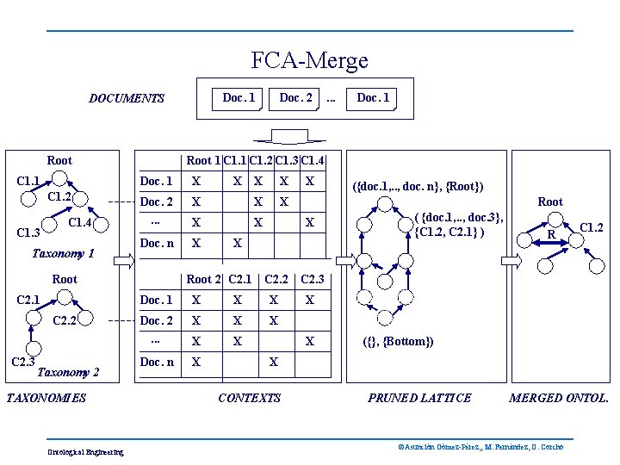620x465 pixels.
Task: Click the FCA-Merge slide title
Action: [x=309, y=61]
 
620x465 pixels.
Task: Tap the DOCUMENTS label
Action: [x=127, y=98]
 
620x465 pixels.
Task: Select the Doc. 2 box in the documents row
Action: [x=295, y=98]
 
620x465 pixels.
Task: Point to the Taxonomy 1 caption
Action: [x=63, y=254]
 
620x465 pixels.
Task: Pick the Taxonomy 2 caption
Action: [x=69, y=373]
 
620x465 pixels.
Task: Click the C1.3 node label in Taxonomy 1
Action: [x=28, y=232]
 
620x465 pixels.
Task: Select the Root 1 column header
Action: [x=203, y=160]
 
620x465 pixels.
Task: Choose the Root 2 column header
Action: [x=204, y=279]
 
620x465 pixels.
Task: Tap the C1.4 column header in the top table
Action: [x=312, y=160]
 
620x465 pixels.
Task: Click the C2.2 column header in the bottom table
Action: [x=276, y=279]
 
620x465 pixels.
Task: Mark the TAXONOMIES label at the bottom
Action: [x=46, y=398]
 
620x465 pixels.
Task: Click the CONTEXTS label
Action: [x=250, y=398]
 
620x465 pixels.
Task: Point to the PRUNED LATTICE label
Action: [x=419, y=398]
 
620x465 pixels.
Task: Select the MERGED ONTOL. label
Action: [x=559, y=398]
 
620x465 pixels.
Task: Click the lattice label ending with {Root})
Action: [x=419, y=187]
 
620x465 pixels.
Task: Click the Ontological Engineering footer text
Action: [x=86, y=452]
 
